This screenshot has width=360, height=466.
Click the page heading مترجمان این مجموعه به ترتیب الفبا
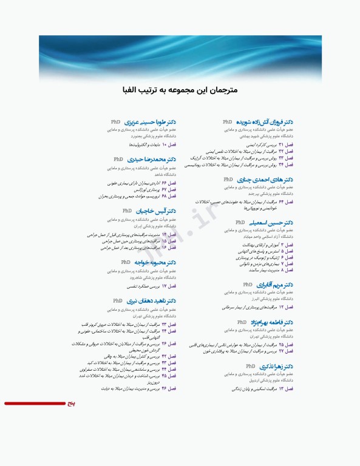pos(180,90)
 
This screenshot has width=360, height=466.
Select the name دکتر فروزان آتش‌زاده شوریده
pos(268,122)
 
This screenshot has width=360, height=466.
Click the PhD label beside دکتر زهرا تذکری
pos(250,367)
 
